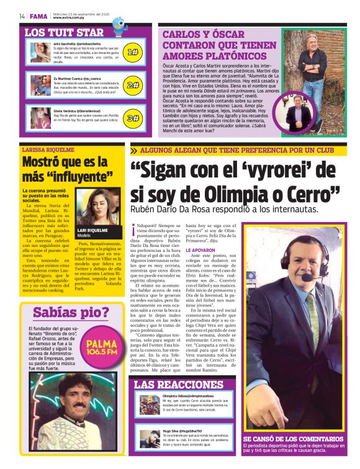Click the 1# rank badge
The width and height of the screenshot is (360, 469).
132,53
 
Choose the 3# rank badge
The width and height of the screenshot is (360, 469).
132,118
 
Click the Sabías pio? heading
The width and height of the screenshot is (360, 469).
71,313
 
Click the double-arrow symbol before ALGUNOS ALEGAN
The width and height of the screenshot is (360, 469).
133,150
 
